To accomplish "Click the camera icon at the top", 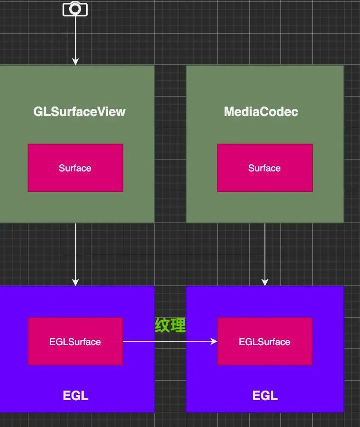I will [75, 9].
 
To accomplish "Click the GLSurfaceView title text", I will [79, 112].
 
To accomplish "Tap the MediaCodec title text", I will [261, 112].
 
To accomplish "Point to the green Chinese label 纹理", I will [170, 325].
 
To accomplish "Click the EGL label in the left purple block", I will [76, 395].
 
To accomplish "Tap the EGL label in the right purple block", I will [265, 395].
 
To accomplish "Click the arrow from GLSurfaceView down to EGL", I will [75, 253].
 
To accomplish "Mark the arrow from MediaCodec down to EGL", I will [265, 253].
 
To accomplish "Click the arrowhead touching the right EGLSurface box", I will [214, 341].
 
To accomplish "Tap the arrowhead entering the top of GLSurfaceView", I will [75, 62].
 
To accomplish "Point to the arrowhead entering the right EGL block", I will [265, 282].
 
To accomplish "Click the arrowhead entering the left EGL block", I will [75, 282].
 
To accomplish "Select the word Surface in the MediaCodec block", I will [264, 168].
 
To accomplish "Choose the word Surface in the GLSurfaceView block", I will [75, 168].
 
